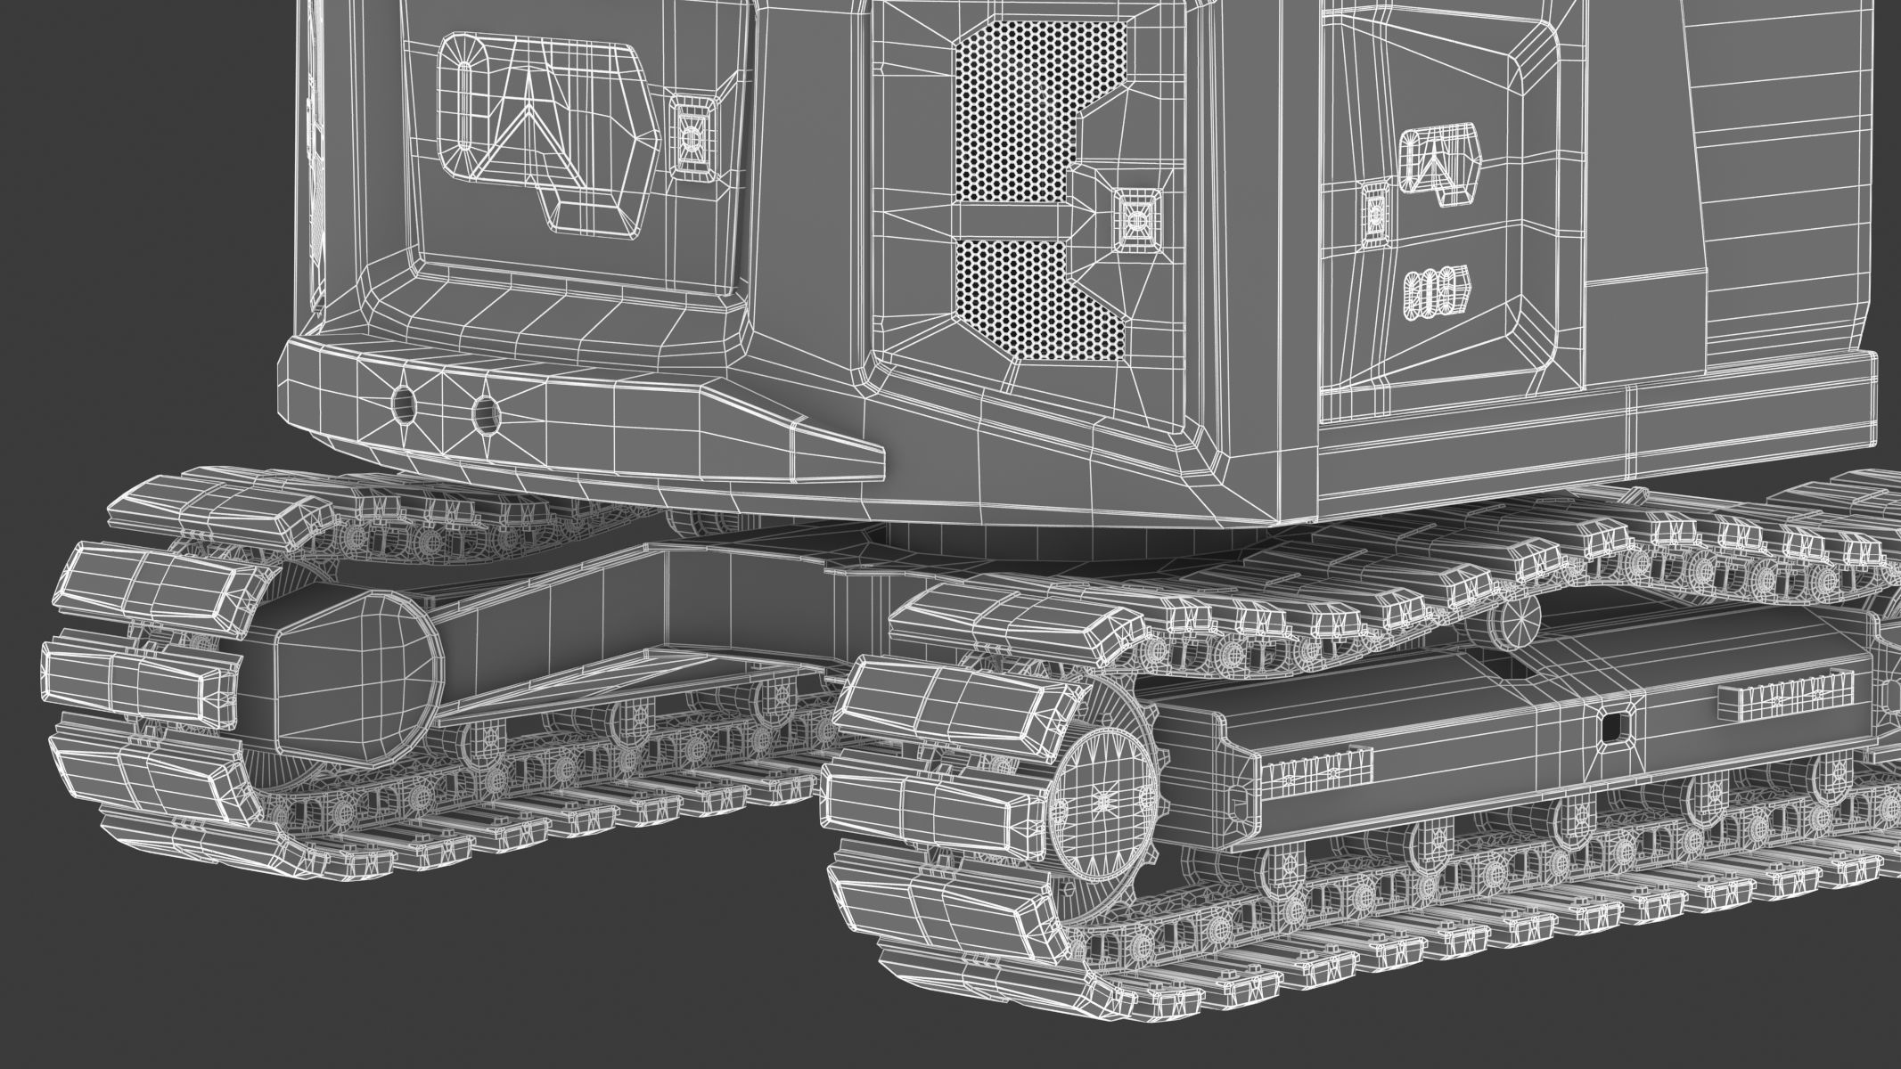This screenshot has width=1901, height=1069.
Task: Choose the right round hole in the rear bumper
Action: [486, 411]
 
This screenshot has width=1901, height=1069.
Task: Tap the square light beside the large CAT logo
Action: [690, 135]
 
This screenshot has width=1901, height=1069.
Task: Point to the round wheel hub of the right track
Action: [1105, 801]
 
